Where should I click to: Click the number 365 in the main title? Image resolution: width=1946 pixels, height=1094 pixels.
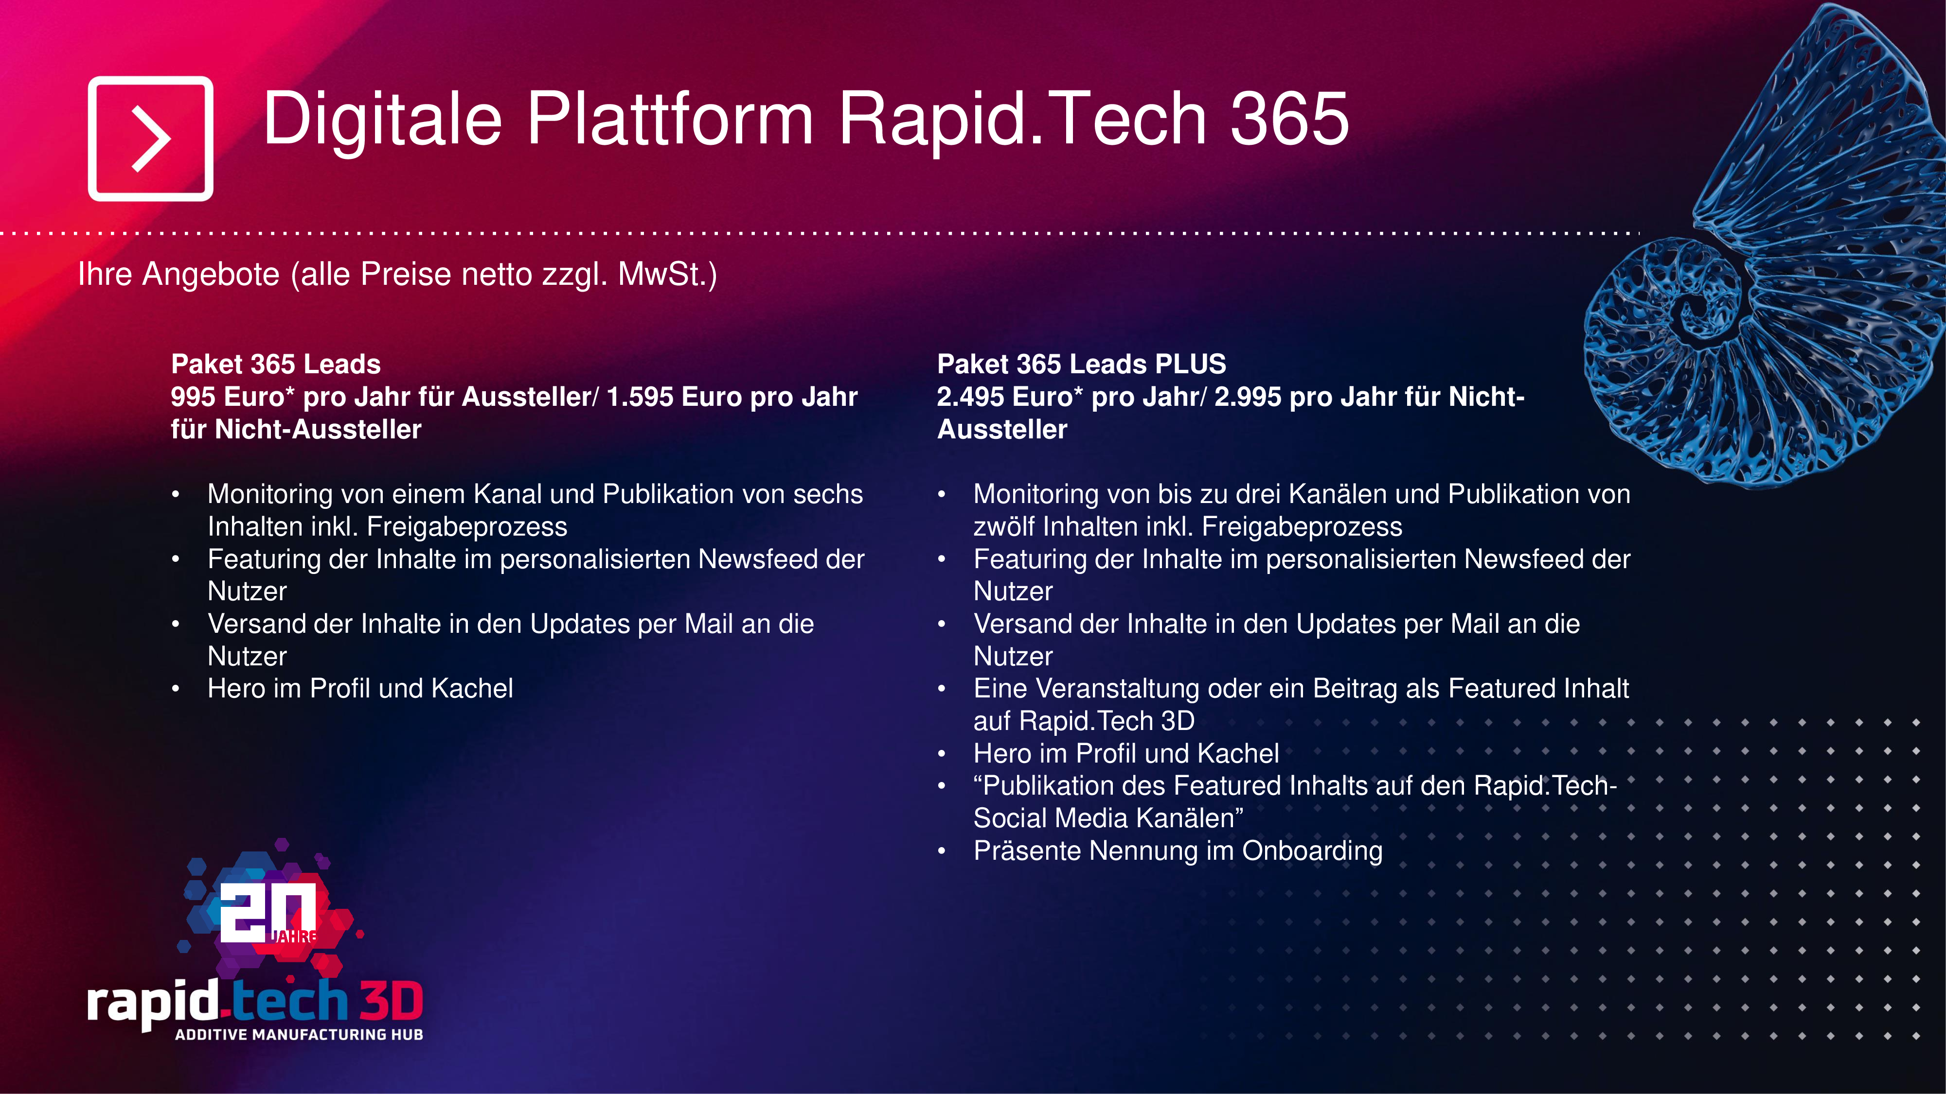click(1289, 119)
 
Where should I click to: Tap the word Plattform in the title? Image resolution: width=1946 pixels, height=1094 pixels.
click(670, 119)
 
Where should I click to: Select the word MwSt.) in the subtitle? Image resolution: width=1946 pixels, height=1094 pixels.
click(667, 274)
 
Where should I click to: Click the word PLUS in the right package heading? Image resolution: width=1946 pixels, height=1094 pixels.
click(1190, 364)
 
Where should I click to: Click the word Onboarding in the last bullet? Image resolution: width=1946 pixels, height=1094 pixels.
click(1312, 851)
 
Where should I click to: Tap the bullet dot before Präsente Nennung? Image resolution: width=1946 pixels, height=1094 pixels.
click(941, 851)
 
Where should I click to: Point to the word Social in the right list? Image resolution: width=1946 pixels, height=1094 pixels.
click(1010, 818)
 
